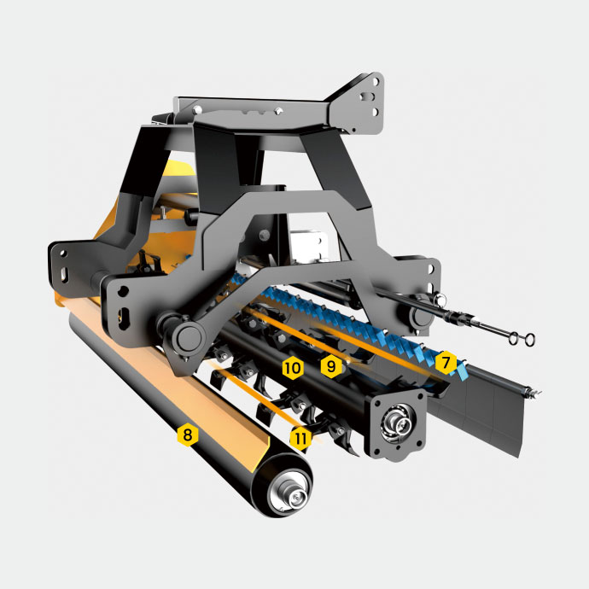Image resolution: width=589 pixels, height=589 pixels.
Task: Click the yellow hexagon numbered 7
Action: tap(446, 363)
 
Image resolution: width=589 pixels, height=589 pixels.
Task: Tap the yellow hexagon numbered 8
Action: tap(188, 435)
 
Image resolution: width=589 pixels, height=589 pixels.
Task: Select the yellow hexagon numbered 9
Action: tap(331, 366)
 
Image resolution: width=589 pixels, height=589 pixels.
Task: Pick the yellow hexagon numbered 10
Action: tap(293, 369)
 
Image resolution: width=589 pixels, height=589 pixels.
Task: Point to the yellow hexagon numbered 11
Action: tap(300, 438)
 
